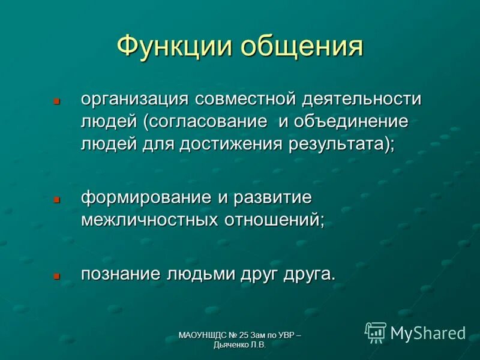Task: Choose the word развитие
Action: click(269, 197)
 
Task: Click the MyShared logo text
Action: click(428, 332)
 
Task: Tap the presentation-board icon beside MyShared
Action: click(376, 332)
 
